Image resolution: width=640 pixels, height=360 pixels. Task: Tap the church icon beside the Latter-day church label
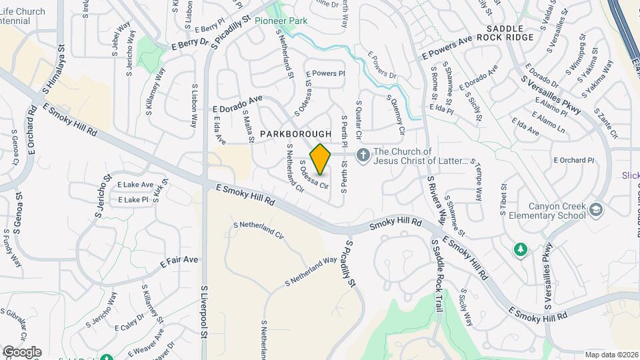click(x=363, y=156)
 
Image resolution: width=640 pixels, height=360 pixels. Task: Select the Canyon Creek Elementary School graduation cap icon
click(x=597, y=211)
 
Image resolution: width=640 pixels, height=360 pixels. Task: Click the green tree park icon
click(x=520, y=249)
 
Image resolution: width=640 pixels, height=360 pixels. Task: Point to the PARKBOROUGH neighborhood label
click(x=295, y=135)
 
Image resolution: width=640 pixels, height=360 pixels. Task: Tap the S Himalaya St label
click(x=54, y=73)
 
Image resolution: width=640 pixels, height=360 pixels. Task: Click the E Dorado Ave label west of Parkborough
click(x=238, y=103)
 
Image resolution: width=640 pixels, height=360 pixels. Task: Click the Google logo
click(x=21, y=351)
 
